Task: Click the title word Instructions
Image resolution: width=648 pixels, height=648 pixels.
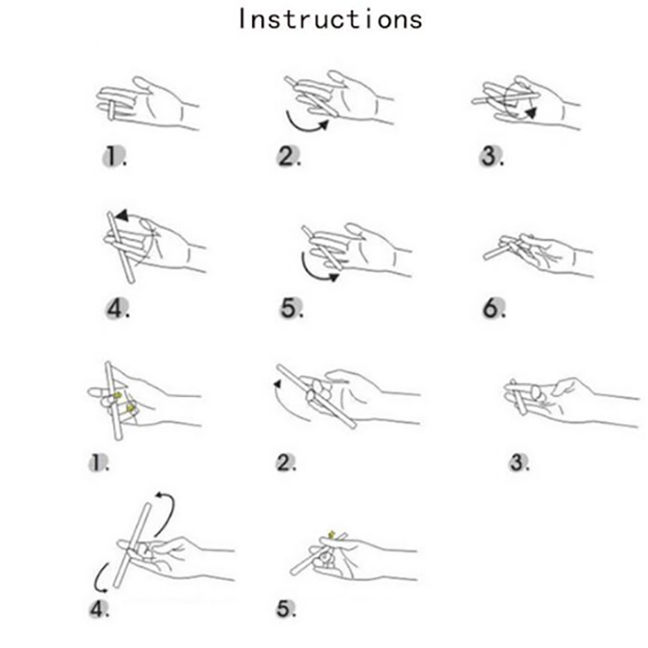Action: point(329,18)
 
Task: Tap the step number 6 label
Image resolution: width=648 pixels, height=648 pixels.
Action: point(492,308)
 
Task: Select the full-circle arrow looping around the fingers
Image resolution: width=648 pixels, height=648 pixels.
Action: point(518,101)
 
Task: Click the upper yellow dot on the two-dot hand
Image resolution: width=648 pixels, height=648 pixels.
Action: point(118,394)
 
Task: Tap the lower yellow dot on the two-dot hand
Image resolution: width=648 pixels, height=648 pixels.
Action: point(130,408)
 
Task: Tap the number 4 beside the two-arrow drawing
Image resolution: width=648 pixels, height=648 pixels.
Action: point(97,610)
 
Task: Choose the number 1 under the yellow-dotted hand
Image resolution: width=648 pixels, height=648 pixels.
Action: point(97,463)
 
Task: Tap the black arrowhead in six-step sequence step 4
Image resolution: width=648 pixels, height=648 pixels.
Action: point(121,215)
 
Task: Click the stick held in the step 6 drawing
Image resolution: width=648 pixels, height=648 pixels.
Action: point(502,248)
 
